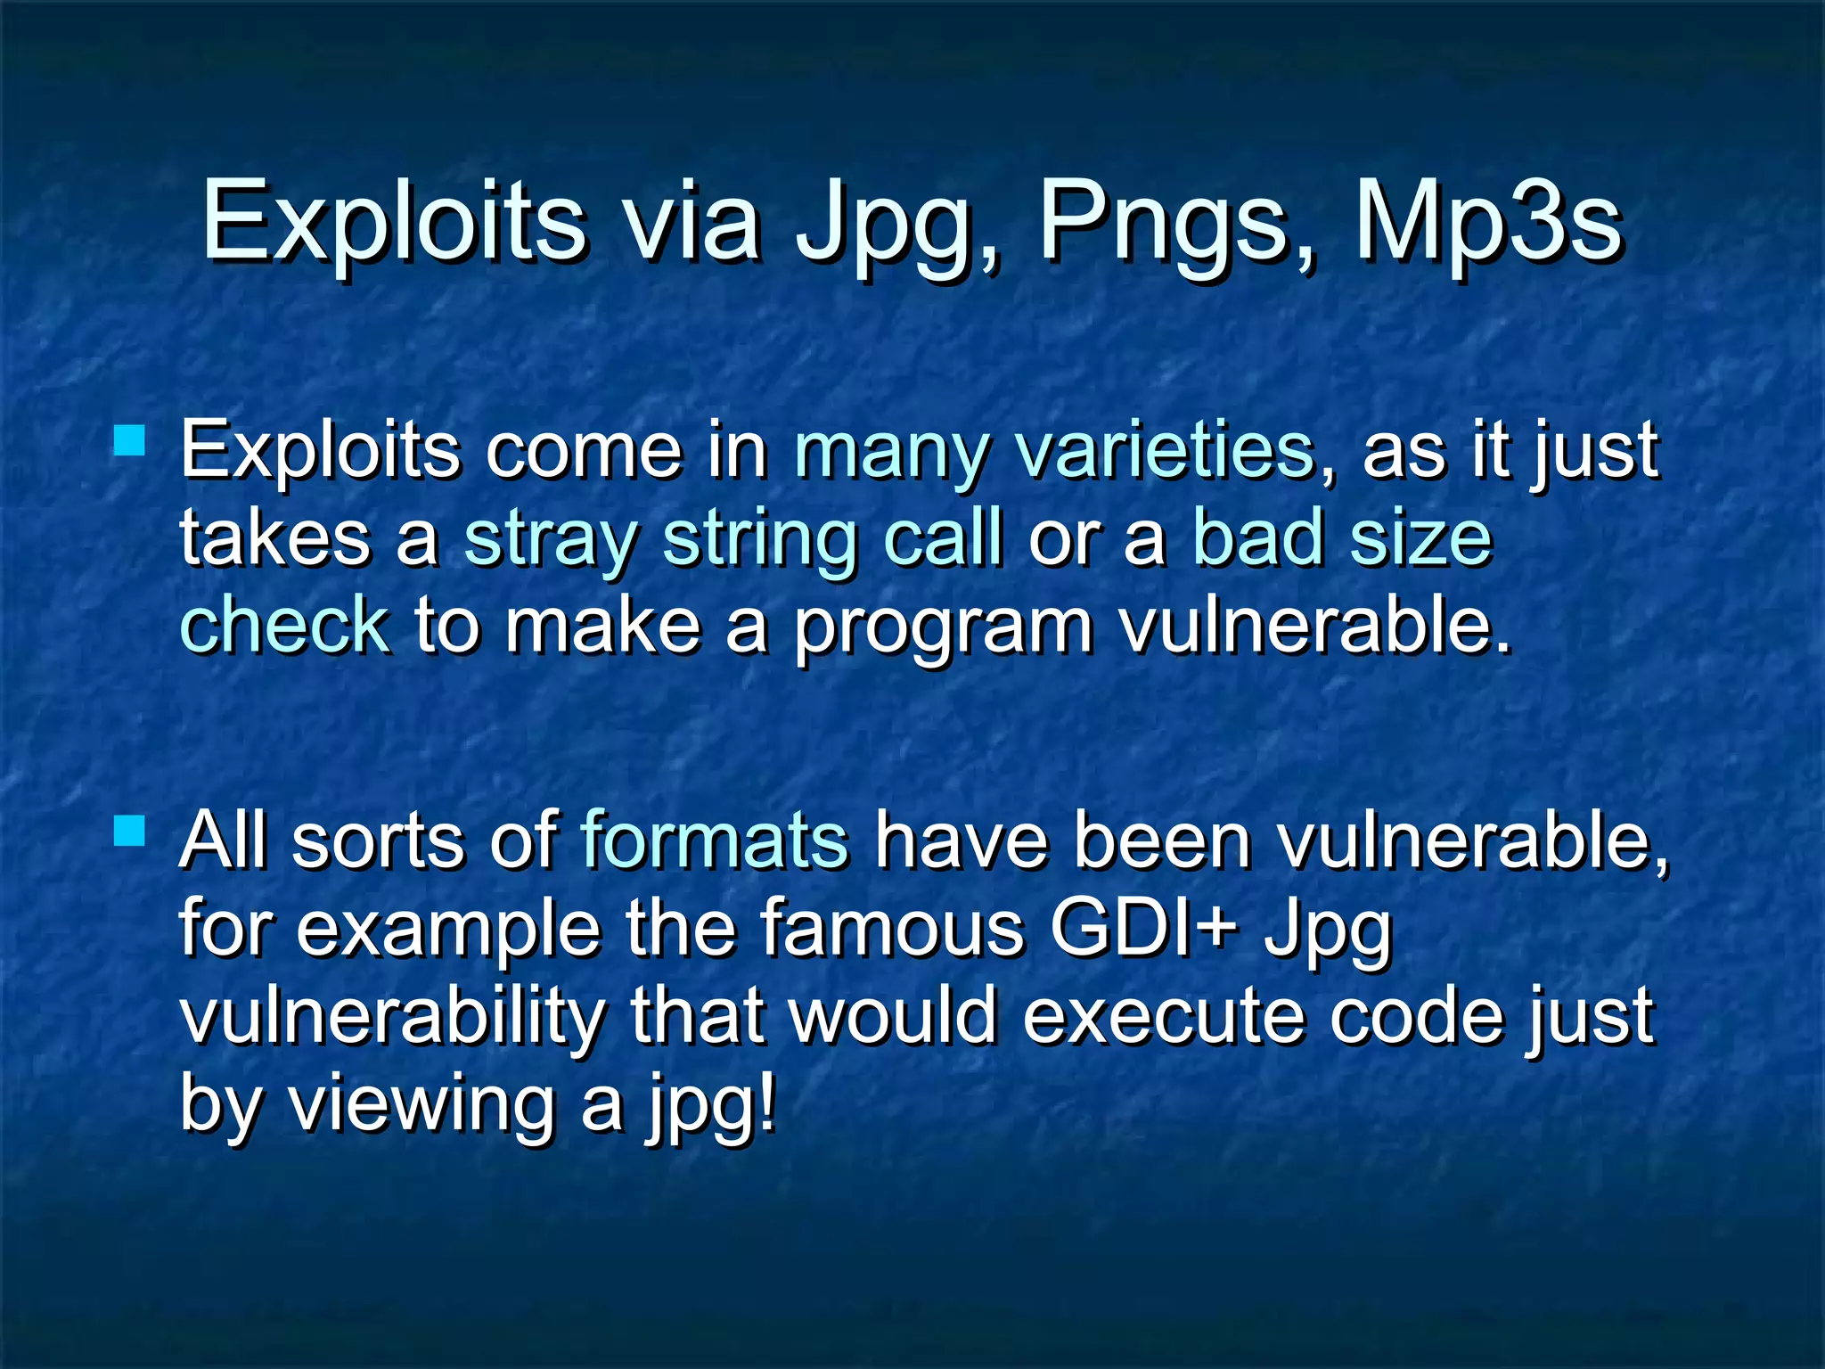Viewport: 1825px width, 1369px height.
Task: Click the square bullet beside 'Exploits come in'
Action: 130,440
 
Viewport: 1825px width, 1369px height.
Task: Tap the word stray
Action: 551,538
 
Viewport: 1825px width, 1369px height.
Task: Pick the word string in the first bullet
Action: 759,540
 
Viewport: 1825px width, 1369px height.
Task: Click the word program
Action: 943,627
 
